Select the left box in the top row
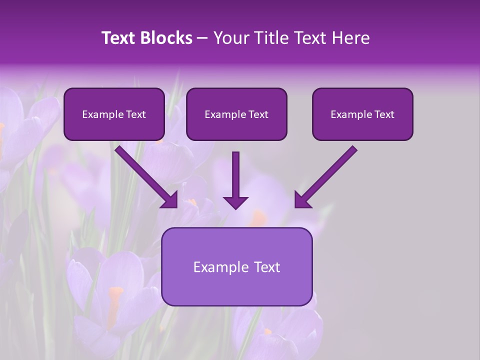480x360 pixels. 114,114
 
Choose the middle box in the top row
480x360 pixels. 236,114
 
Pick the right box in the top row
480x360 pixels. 362,114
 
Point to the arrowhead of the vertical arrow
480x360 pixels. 235,202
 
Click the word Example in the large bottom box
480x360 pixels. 219,267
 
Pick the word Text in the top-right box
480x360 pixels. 384,114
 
